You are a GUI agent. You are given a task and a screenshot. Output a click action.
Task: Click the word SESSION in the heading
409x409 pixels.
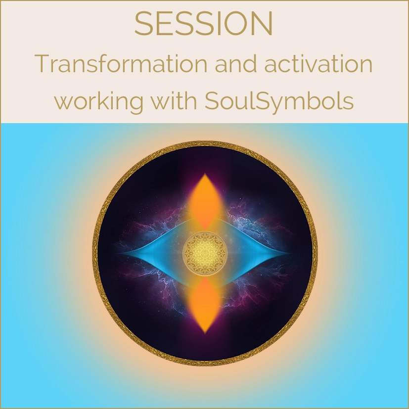(x=204, y=23)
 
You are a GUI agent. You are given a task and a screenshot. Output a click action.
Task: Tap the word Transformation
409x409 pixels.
(x=121, y=63)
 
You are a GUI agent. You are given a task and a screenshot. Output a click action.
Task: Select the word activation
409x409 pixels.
(x=318, y=63)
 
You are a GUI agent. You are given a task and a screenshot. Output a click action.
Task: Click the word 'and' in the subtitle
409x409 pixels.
(x=236, y=63)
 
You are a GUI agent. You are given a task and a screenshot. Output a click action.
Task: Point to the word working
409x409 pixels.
(x=99, y=101)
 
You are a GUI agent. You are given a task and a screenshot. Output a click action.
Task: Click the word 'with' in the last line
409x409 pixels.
(x=174, y=100)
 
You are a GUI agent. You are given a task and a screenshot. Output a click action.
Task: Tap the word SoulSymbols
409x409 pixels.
(x=279, y=101)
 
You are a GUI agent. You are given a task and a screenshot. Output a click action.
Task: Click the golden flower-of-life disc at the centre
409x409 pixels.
(x=205, y=253)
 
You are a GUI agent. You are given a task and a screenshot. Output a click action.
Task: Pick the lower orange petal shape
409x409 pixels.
(x=205, y=305)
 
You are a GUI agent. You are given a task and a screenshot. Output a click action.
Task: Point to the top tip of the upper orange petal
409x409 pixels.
(x=205, y=173)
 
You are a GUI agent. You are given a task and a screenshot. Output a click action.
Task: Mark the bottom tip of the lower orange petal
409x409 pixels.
(x=205, y=334)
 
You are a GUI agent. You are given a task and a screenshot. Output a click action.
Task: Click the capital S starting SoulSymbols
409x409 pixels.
(x=211, y=101)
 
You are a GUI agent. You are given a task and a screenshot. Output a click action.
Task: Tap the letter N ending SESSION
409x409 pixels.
(x=264, y=23)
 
